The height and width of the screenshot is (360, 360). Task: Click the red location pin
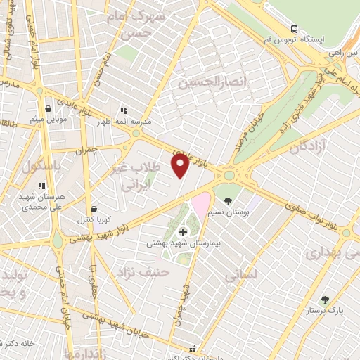181,166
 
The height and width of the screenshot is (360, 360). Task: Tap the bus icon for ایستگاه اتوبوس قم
294,29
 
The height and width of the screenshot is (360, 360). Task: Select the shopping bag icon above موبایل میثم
48,109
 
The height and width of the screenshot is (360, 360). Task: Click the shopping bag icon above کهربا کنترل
94,209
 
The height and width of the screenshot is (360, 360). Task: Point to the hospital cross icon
184,231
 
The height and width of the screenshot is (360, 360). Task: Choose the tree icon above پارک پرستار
324,300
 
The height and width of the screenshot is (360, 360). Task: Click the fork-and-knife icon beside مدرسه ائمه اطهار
124,110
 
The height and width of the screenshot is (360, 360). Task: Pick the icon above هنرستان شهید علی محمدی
41,186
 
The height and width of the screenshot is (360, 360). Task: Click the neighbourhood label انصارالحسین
213,83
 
